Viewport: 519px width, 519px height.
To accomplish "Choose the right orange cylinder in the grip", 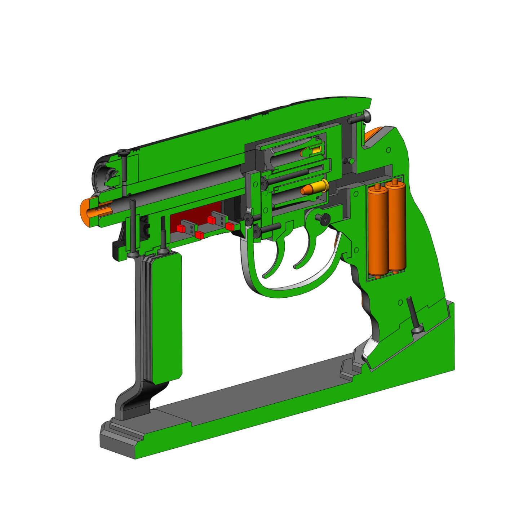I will coord(396,227).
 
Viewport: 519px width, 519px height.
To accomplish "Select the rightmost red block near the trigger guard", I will coord(230,226).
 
